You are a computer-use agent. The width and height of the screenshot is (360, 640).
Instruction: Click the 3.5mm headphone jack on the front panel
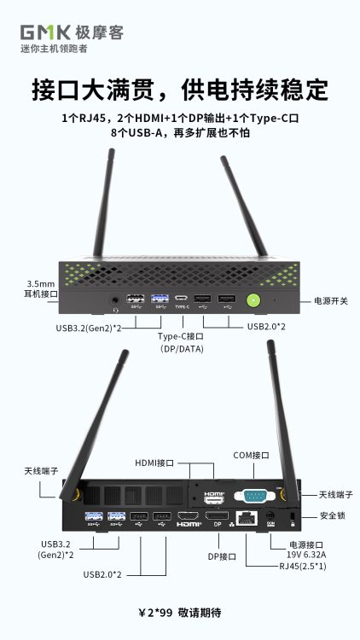coord(115,301)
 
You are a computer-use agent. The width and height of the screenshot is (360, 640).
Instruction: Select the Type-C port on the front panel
coord(182,298)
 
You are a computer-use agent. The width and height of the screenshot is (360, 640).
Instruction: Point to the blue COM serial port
coord(254,496)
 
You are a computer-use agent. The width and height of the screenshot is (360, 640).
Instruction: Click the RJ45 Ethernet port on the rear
coord(247,518)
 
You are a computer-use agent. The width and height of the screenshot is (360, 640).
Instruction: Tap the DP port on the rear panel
coord(217,515)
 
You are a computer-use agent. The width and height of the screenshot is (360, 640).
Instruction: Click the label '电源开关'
coord(331,301)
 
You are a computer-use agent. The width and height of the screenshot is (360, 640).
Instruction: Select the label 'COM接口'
coord(251,455)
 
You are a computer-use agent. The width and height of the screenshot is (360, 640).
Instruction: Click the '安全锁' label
coord(332,515)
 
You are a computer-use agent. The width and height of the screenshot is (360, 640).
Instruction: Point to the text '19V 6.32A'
coord(307,555)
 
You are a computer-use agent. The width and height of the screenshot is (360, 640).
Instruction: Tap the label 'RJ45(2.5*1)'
coord(303,566)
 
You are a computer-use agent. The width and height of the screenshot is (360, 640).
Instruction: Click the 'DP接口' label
coord(222,556)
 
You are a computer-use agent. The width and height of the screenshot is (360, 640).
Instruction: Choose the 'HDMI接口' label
coord(154,463)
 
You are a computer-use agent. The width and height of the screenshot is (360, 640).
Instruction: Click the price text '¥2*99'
coord(155,613)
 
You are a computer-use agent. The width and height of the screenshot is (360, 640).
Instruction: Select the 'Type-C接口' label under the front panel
coord(181,337)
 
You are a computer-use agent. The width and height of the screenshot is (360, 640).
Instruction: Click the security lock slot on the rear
coord(293,516)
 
